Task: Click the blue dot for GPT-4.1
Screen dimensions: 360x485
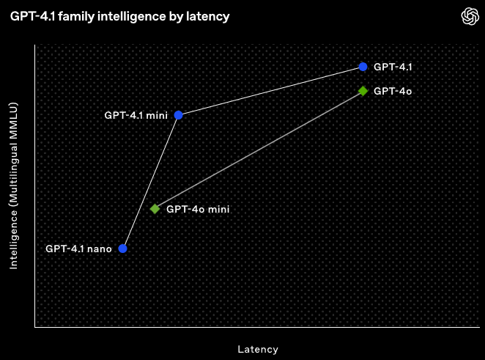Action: coord(363,67)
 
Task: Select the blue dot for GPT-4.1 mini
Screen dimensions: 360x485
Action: coord(178,115)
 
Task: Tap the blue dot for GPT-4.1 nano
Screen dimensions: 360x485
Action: coord(122,249)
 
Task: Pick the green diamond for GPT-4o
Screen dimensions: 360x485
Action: coord(363,91)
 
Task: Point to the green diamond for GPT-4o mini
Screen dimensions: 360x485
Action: coord(155,209)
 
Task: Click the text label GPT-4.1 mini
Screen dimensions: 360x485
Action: coord(136,115)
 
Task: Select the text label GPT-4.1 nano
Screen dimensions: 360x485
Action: coord(78,249)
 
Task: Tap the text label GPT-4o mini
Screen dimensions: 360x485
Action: coord(198,209)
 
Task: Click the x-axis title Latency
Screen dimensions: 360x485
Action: coord(258,349)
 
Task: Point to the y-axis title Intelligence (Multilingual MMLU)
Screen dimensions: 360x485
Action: coord(13,186)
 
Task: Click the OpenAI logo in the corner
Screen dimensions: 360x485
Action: coord(469,16)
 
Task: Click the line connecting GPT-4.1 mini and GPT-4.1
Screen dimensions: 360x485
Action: coord(270,91)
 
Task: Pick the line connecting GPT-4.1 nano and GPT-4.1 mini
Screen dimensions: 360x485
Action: coord(150,182)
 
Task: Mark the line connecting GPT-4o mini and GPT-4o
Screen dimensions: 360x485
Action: coord(259,150)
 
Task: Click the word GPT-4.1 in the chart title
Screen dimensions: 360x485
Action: coord(29,16)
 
